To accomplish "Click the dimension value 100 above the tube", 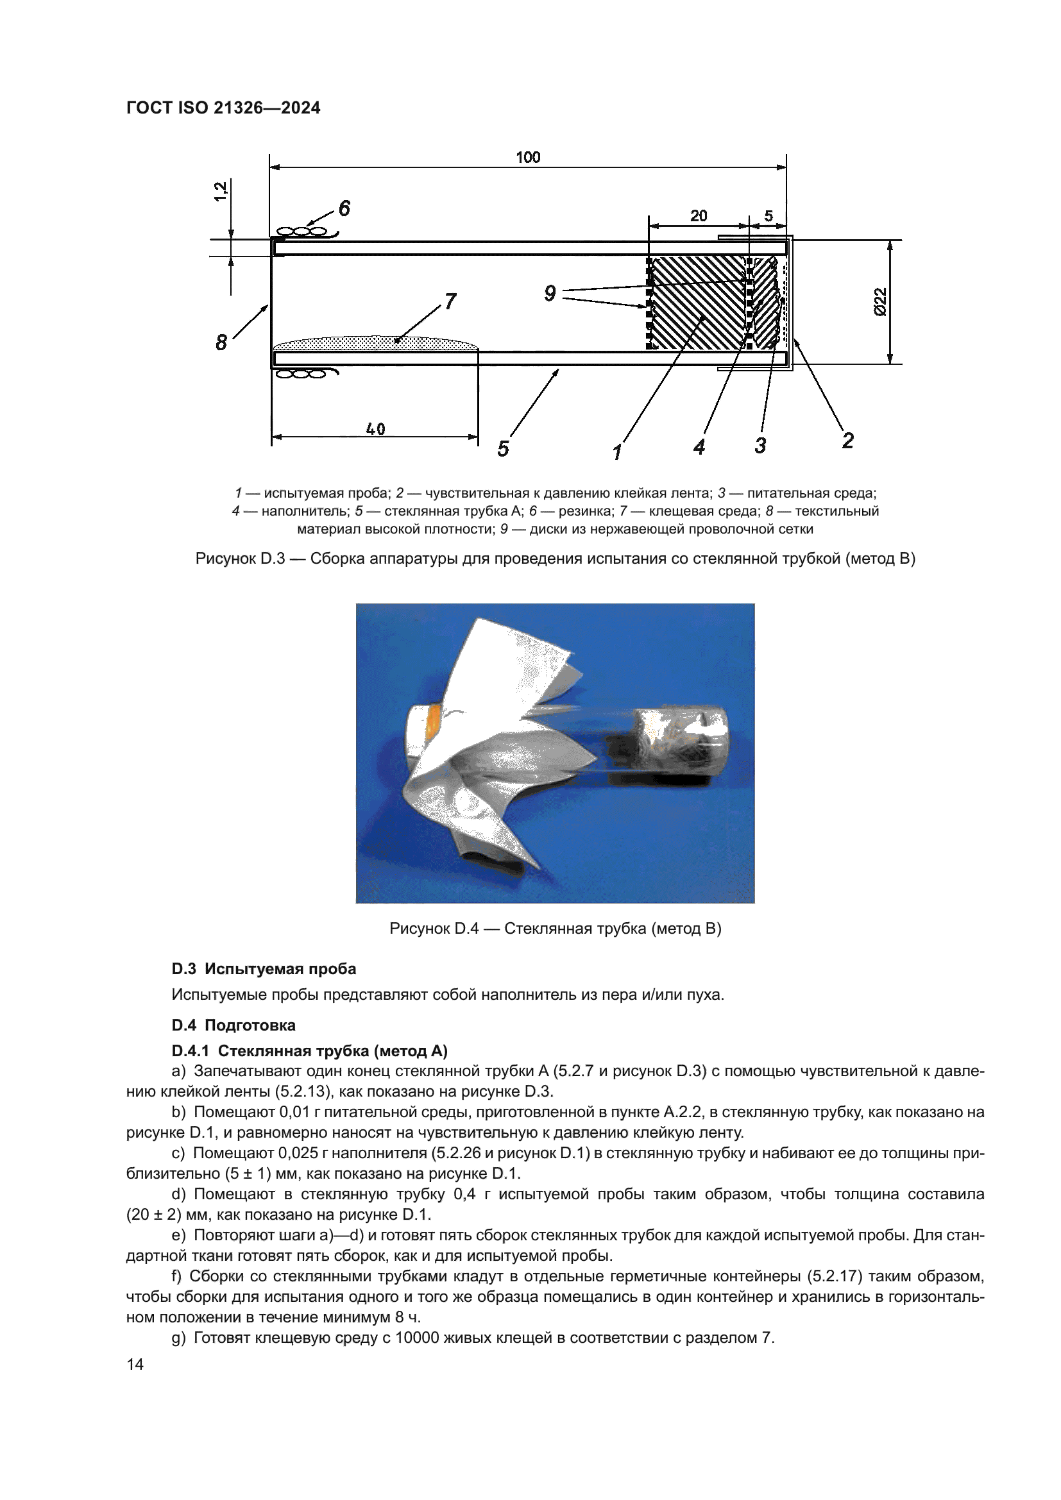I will click(528, 158).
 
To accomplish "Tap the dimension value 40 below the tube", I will click(375, 429).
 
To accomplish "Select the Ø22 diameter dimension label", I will click(880, 302).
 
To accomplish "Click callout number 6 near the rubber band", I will click(344, 208).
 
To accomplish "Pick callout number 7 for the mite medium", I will click(450, 302).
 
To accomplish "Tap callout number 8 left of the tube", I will click(221, 342).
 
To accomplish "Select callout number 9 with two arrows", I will click(550, 294).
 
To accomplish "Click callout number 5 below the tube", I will click(502, 449).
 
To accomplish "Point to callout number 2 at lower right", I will click(847, 441).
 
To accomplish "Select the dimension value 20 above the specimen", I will click(699, 215).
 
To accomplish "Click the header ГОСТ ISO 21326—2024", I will click(223, 108).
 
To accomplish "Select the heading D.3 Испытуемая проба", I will click(264, 969).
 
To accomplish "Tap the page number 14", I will click(135, 1364).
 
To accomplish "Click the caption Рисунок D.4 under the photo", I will click(555, 929).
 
